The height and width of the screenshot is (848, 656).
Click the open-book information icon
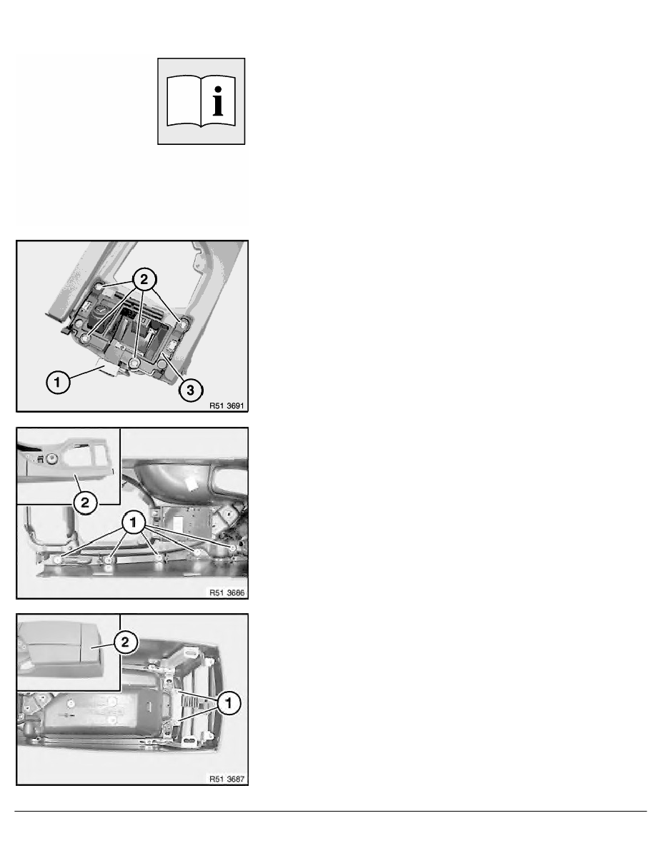coord(201,101)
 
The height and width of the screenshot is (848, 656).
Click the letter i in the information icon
coord(218,101)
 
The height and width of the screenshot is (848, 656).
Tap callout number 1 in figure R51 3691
coord(57,383)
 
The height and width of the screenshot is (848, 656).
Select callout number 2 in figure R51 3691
coord(144,280)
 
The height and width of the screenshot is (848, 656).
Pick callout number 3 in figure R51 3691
coord(191,390)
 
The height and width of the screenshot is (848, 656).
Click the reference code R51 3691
coord(227,405)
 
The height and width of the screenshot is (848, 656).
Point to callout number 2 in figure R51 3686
coord(85,503)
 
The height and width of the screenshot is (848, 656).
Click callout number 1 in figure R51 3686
coord(133,523)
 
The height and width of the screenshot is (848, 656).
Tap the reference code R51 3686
coord(227,592)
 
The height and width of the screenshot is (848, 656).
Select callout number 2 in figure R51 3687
coord(125,642)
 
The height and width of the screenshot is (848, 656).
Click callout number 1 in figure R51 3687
coord(229,703)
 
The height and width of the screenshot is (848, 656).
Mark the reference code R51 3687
coord(227,779)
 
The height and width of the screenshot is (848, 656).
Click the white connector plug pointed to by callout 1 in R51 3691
coord(111,370)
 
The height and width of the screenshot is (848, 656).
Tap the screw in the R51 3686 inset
coord(51,459)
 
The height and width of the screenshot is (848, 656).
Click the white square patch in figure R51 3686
coord(191,483)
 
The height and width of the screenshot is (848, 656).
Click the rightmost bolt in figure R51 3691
coord(184,324)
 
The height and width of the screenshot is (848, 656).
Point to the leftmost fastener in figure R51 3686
coord(59,559)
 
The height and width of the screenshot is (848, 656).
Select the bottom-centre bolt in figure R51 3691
coord(135,362)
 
